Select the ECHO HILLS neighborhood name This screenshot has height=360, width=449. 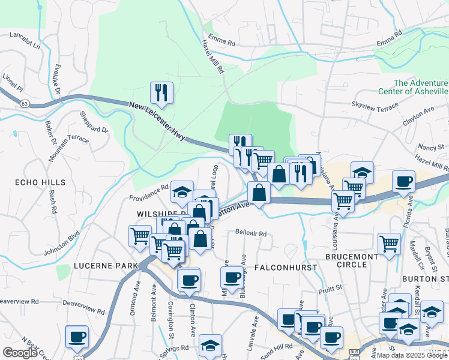pyautogui.click(x=23, y=181)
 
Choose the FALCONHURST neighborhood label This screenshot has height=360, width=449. pyautogui.click(x=286, y=266)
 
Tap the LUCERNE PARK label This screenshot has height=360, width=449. pyautogui.click(x=98, y=265)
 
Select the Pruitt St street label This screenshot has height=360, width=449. pyautogui.click(x=330, y=288)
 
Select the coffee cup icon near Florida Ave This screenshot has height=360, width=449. pyautogui.click(x=403, y=181)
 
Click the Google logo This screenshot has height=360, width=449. pyautogui.click(x=20, y=353)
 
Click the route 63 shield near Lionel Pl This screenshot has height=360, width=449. pyautogui.click(x=25, y=103)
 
